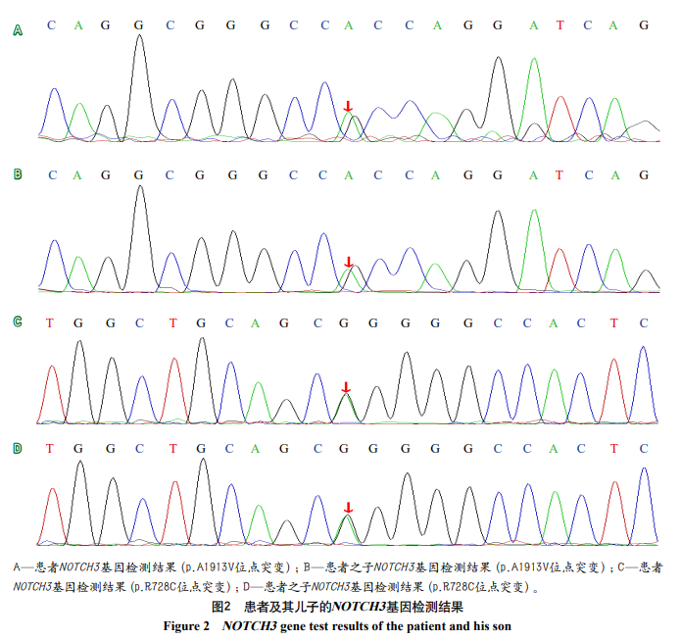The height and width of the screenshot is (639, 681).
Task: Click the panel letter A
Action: click(x=17, y=31)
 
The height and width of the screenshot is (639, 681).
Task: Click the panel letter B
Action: click(x=17, y=174)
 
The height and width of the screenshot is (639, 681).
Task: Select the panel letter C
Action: click(x=17, y=321)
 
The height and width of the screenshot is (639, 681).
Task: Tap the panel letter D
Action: click(x=17, y=448)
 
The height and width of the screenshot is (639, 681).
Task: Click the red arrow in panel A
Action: click(x=348, y=106)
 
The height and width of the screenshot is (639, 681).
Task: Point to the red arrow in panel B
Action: click(x=348, y=263)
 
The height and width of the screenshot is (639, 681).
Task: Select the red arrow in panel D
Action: click(x=347, y=508)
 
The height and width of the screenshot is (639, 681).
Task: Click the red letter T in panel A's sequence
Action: click(x=560, y=25)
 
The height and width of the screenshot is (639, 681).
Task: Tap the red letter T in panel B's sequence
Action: click(x=560, y=175)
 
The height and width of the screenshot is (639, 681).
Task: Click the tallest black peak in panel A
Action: click(x=140, y=39)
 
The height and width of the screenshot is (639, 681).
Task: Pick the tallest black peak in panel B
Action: click(x=140, y=188)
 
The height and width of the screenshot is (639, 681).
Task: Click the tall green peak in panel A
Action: click(x=534, y=61)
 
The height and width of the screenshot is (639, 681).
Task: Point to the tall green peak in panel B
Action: click(x=533, y=213)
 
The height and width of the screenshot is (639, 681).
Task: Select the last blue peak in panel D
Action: click(x=644, y=470)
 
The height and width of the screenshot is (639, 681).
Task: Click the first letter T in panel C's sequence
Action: click(x=50, y=322)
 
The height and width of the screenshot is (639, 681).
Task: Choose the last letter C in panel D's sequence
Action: click(x=644, y=449)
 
